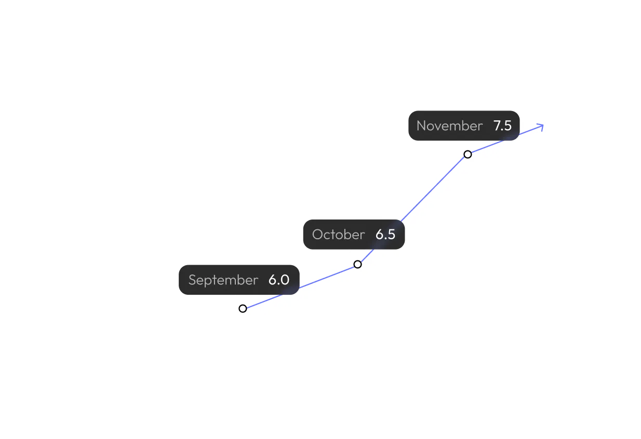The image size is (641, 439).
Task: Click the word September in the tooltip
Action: pos(223,280)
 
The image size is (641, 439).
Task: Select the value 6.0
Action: pos(278,280)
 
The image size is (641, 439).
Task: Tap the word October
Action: pos(338,235)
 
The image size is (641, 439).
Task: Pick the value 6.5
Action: pos(385,235)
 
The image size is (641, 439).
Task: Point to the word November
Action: pos(449,126)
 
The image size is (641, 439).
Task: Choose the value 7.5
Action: pos(502,126)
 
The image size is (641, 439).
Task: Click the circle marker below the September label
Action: pos(243,309)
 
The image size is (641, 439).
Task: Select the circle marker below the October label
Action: pos(357,264)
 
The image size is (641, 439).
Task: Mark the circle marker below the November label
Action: pos(468,154)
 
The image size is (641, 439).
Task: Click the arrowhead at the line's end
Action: pos(541,126)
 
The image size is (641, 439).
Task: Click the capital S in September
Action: pos(192,280)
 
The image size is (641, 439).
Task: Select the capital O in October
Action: pos(317,235)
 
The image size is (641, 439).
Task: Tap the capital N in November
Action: pos(421,126)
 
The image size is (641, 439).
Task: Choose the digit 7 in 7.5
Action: pos(497,126)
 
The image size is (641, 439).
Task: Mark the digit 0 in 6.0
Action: pos(284,280)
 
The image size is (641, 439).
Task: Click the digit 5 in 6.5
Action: pos(391,235)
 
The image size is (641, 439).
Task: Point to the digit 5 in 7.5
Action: pos(508,126)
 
